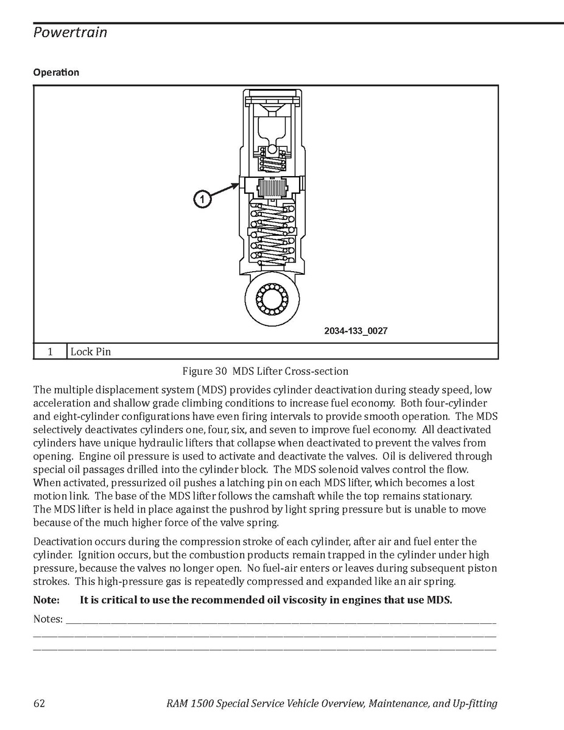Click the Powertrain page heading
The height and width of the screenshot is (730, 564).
click(70, 32)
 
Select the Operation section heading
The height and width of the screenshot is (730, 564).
click(56, 73)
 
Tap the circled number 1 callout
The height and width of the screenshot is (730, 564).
click(203, 199)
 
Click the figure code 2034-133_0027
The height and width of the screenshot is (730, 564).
click(356, 331)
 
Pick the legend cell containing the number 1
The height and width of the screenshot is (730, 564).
click(50, 352)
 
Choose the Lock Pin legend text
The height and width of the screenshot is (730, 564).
click(91, 352)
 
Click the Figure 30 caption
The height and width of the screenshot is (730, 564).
click(266, 370)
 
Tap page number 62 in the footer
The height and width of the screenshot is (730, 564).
click(39, 704)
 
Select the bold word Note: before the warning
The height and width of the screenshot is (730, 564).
click(46, 600)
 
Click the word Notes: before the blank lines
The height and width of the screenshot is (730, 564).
click(48, 619)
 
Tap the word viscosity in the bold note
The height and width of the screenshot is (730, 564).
click(291, 600)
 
